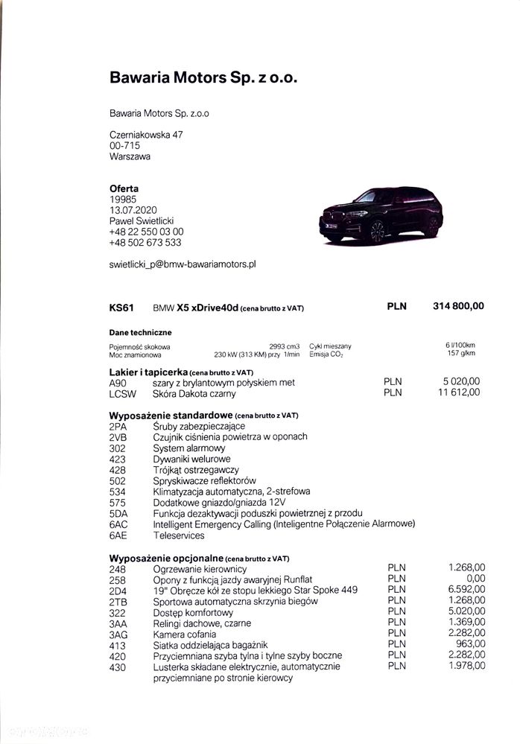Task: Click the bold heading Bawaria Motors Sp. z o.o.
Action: point(203,77)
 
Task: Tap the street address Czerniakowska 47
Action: point(146,135)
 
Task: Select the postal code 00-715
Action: point(124,146)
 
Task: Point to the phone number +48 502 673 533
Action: point(145,242)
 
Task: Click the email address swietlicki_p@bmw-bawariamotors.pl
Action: point(183,264)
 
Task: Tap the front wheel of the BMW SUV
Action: point(378,232)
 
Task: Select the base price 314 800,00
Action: point(458,306)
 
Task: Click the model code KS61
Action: point(121,307)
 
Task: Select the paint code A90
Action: point(118,382)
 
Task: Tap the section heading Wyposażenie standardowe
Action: point(171,415)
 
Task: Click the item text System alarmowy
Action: point(189,448)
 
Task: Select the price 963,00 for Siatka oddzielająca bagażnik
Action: point(470,644)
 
